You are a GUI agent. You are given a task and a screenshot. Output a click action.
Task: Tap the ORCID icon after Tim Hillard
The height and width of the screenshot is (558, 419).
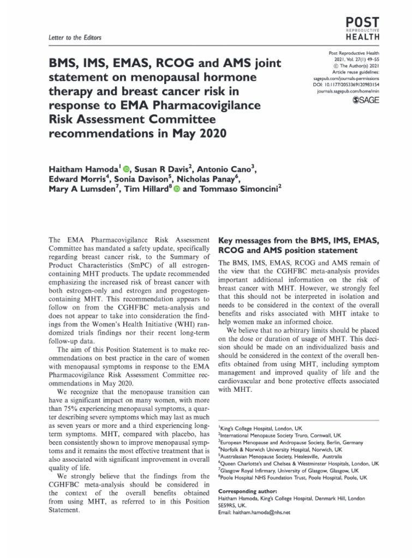[176, 188]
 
